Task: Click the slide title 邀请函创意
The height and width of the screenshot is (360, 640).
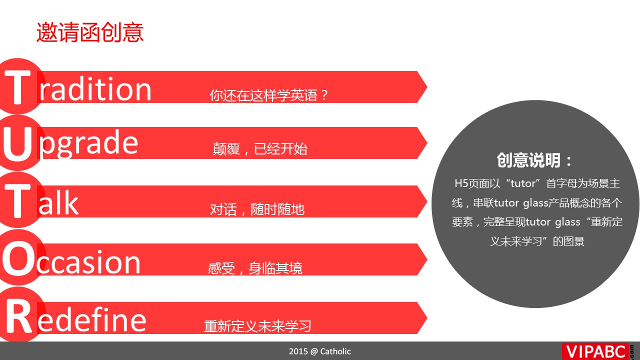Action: pyautogui.click(x=90, y=32)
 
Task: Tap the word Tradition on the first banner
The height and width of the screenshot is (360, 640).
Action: pyautogui.click(x=77, y=86)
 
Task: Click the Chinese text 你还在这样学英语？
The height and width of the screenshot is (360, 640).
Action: pyautogui.click(x=269, y=95)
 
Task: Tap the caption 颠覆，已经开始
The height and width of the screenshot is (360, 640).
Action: pyautogui.click(x=260, y=149)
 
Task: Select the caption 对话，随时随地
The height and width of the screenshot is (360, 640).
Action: pyautogui.click(x=257, y=209)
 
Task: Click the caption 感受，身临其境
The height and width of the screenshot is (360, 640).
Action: pyautogui.click(x=255, y=268)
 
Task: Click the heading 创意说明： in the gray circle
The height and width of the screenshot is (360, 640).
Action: pyautogui.click(x=534, y=160)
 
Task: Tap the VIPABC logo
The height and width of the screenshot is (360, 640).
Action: pyautogui.click(x=597, y=351)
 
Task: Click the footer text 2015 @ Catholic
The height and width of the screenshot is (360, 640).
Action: pyautogui.click(x=319, y=351)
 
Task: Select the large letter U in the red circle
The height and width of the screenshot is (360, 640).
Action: pyautogui.click(x=18, y=144)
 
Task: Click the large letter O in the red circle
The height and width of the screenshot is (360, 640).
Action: pyautogui.click(x=19, y=258)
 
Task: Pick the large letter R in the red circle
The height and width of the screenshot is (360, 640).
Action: pyautogui.click(x=18, y=317)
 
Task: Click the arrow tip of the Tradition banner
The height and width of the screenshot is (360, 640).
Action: pyautogui.click(x=427, y=87)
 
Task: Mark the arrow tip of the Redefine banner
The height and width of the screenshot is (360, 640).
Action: pyautogui.click(x=427, y=317)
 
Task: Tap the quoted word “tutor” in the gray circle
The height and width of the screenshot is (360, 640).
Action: pyautogui.click(x=522, y=183)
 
